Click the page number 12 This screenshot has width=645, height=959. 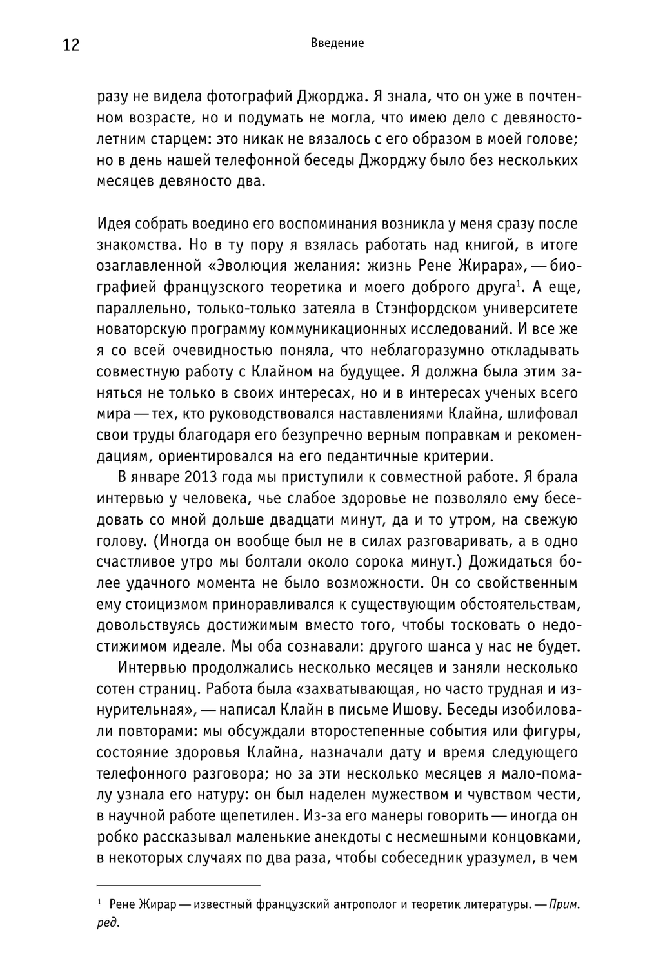click(71, 45)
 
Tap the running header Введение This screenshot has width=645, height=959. click(337, 43)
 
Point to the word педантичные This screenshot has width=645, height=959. click(362, 456)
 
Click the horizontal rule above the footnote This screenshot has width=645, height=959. click(178, 886)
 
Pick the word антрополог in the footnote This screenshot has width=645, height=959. click(363, 905)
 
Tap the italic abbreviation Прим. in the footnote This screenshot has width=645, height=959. click(564, 905)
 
